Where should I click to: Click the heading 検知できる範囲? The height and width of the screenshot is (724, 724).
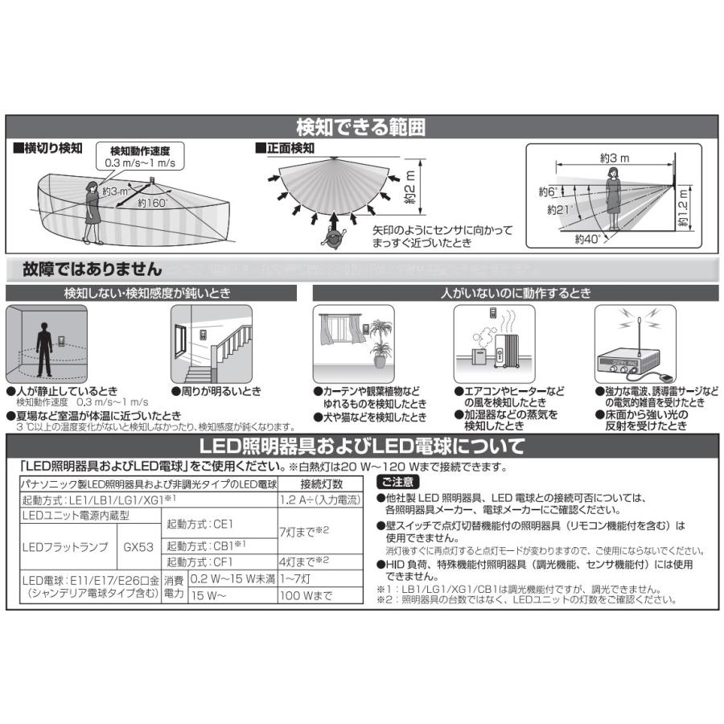tap(361, 127)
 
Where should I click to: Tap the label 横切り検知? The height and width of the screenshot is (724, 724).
tap(47, 149)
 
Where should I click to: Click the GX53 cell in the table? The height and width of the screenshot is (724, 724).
tap(138, 547)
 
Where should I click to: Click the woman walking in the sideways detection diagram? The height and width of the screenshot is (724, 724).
tap(91, 212)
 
